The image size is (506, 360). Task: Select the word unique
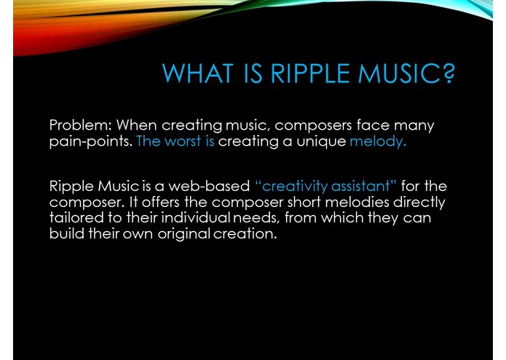[321, 141]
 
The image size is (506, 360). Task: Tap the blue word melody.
[377, 141]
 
